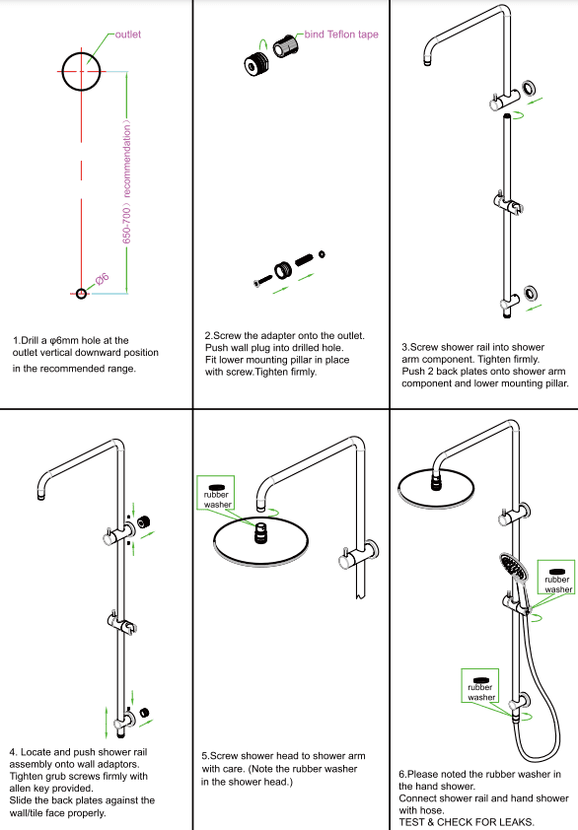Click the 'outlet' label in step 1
128,35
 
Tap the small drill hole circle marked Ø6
81,293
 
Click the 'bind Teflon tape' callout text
341,35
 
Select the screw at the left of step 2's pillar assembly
259,281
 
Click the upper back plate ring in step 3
531,89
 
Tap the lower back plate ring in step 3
532,294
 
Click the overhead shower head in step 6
435,482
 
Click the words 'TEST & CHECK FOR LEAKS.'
467,822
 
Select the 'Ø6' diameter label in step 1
104,280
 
